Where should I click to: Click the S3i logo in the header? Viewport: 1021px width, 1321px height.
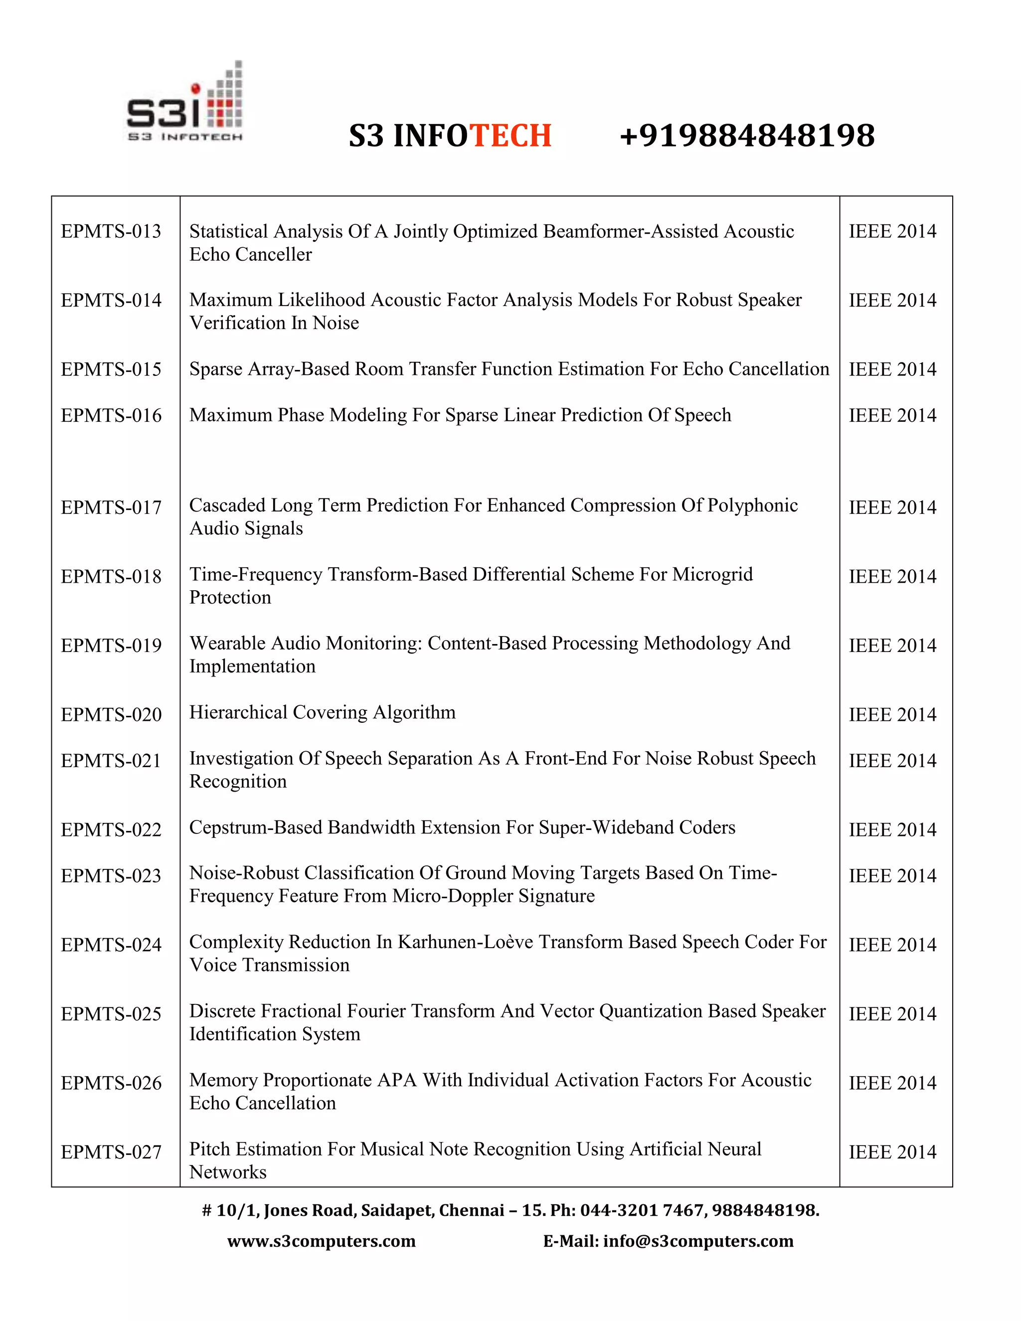coord(185,103)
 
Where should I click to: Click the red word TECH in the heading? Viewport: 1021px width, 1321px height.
coord(510,136)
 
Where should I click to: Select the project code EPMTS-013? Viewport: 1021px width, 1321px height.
coord(111,231)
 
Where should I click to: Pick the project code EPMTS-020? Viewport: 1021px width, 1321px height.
coord(111,714)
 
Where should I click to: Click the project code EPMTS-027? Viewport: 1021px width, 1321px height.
coord(111,1152)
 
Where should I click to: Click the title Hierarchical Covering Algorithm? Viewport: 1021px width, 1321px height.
coord(323,712)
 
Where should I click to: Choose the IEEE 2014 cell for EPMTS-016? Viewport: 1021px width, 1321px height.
coord(892,416)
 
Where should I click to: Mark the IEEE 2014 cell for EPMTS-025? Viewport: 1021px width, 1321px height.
coord(892,1014)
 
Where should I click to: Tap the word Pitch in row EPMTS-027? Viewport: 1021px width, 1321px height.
coord(210,1149)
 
